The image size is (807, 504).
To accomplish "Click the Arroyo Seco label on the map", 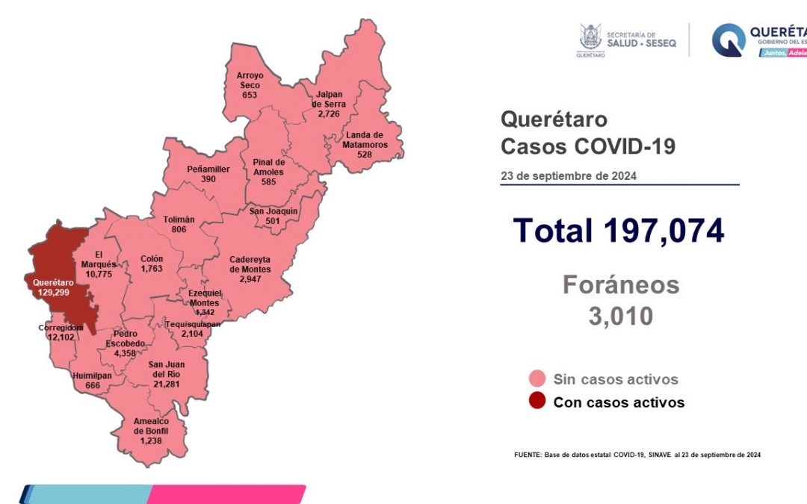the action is click(x=249, y=86).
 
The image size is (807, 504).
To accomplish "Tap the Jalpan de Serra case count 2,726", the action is click(x=329, y=114).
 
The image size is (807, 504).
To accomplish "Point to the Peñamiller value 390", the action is click(x=208, y=179).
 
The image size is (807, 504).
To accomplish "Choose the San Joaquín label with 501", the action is click(x=273, y=216).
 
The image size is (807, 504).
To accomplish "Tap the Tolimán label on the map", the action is click(x=179, y=224).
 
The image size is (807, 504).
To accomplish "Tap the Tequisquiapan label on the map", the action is click(x=192, y=329).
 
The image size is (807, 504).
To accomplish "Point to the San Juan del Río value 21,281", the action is click(x=166, y=385).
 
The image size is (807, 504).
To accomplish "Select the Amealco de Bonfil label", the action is click(x=151, y=431).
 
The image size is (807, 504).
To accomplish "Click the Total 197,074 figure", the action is click(x=619, y=231).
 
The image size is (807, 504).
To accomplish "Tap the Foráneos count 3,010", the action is click(x=620, y=316).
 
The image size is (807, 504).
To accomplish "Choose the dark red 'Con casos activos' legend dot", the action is click(x=536, y=402).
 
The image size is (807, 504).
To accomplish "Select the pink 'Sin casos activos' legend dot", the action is click(x=536, y=379).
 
